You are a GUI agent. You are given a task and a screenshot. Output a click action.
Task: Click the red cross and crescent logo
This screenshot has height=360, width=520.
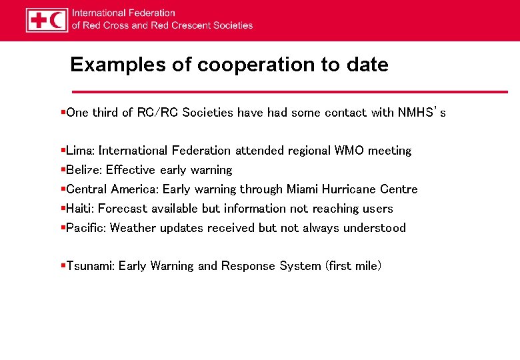pyautogui.click(x=47, y=20)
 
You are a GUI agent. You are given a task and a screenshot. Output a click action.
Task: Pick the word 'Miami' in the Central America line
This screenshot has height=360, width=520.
pyautogui.click(x=302, y=189)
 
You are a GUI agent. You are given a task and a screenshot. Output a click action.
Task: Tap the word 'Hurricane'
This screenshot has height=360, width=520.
pyautogui.click(x=349, y=189)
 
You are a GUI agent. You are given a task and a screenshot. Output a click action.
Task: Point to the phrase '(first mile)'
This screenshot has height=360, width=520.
pyautogui.click(x=353, y=266)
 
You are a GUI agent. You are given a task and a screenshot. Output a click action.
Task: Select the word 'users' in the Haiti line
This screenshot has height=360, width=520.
pyautogui.click(x=378, y=209)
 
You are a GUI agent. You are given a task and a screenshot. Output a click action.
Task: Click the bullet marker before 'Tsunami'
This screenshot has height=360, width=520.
pyautogui.click(x=62, y=266)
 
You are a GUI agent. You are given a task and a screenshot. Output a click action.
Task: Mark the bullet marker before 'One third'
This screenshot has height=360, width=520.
pyautogui.click(x=62, y=113)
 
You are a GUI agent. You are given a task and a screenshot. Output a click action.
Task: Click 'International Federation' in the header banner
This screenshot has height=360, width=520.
pyautogui.click(x=123, y=13)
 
